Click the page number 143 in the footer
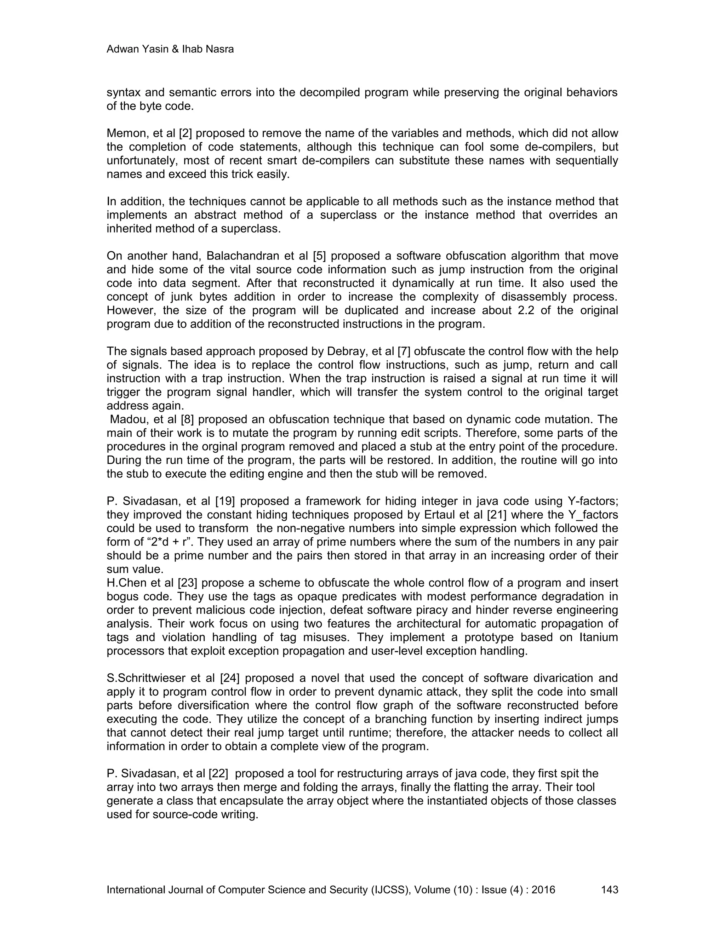coord(610,890)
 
